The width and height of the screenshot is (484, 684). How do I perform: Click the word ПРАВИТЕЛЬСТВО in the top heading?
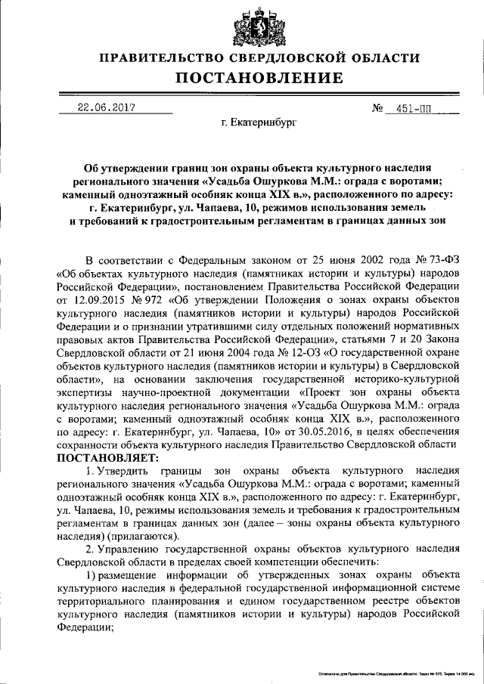point(164,57)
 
